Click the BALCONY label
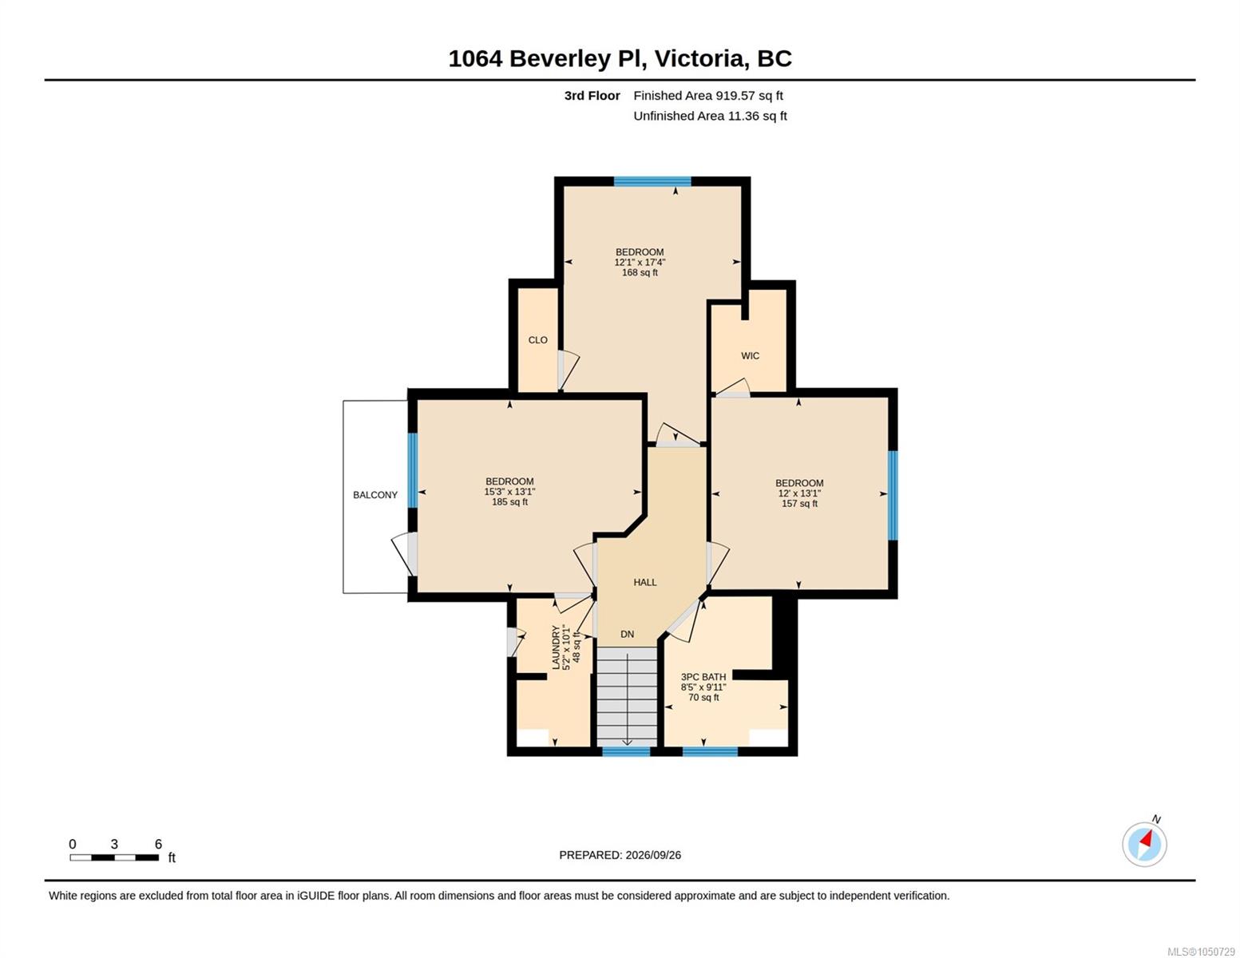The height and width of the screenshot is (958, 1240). (x=375, y=495)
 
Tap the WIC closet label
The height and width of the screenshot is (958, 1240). (x=750, y=355)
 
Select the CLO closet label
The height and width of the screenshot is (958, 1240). (x=537, y=340)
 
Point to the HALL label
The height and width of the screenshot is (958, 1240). (x=645, y=582)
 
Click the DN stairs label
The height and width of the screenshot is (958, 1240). (x=627, y=634)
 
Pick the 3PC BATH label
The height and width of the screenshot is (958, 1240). (x=703, y=677)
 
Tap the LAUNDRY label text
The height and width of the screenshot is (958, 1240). (x=555, y=647)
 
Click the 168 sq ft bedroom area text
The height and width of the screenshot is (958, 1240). (x=640, y=273)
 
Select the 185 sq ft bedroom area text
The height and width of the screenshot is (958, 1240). (x=509, y=502)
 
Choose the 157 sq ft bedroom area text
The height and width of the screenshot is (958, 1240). (x=799, y=503)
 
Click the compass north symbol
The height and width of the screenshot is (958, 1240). (x=1144, y=844)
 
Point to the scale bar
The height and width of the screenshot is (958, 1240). (x=114, y=857)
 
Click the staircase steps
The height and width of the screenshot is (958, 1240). (x=627, y=696)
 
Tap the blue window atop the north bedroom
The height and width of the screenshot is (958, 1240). (x=652, y=182)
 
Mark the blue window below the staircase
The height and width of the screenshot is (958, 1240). (x=626, y=751)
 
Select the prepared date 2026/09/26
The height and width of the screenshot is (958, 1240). (x=653, y=855)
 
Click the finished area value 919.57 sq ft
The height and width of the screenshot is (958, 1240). (x=749, y=96)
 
